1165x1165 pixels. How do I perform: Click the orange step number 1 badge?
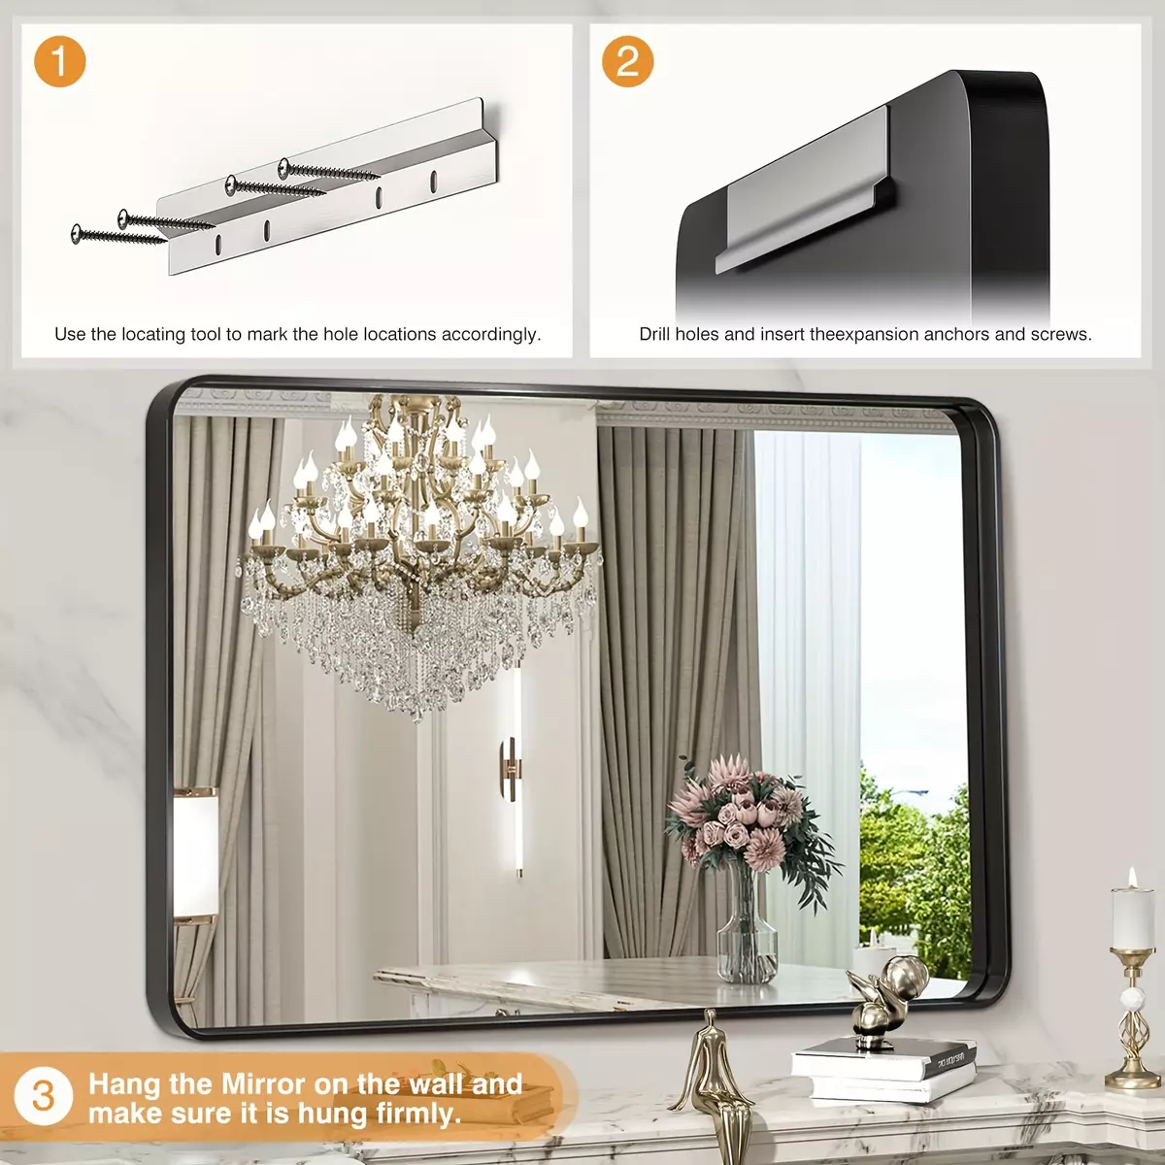pos(59,61)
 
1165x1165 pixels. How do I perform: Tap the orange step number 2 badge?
pos(627,61)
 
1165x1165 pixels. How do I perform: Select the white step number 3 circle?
pos(43,1096)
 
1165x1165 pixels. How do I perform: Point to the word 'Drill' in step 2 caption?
pos(654,334)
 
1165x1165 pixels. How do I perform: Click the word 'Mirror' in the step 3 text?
pos(264,1084)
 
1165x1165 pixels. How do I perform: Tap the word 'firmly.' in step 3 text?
pos(418,1113)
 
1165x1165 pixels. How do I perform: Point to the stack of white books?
pos(883,1069)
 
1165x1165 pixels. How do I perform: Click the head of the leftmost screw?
pos(77,234)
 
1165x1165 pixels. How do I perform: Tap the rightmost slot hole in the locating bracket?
pos(434,183)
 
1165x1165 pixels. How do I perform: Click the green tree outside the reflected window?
pos(913,871)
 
